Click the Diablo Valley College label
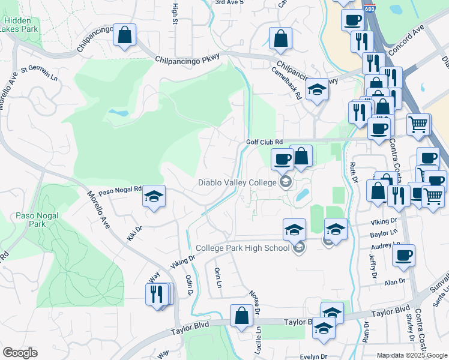point(238,182)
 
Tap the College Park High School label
point(243,248)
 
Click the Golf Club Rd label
point(264,142)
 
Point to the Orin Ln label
point(218,277)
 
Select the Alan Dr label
point(395,281)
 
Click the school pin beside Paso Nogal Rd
point(154,196)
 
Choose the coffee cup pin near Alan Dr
point(403,254)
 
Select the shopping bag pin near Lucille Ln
point(241,315)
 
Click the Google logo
point(20,353)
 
